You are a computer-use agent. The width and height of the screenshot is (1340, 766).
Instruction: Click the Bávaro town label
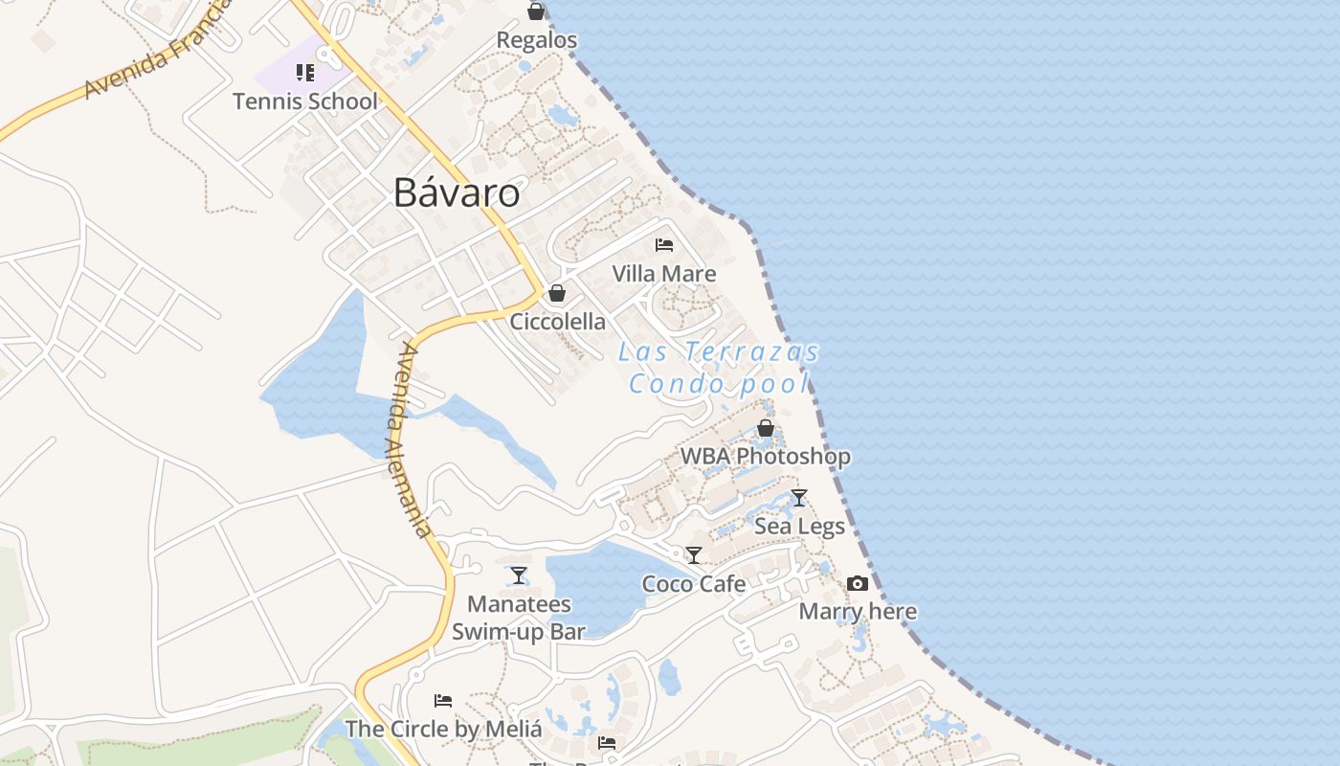(457, 193)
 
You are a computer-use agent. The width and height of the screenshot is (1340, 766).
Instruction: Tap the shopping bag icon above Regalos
(536, 11)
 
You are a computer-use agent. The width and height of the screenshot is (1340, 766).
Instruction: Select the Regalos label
(536, 40)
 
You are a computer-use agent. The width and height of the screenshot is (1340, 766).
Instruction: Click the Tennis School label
(305, 101)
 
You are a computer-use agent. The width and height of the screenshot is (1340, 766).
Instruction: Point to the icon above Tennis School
(305, 73)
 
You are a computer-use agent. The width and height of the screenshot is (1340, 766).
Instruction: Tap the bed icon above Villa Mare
(664, 245)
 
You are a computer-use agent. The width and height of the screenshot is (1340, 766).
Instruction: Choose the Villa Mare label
(664, 274)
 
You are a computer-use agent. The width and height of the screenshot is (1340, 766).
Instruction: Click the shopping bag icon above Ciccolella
(557, 293)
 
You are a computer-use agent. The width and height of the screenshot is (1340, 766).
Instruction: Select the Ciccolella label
(557, 322)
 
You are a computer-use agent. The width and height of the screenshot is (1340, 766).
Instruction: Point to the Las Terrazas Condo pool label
(718, 368)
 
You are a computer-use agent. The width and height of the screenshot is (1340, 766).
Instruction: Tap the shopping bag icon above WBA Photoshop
(766, 428)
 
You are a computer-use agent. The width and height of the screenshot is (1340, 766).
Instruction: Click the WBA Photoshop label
(766, 457)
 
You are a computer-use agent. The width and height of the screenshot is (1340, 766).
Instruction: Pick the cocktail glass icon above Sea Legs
(799, 498)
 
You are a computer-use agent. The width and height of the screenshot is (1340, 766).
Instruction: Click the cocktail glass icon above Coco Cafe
(694, 555)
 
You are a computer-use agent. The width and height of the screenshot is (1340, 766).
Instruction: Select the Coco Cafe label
(694, 583)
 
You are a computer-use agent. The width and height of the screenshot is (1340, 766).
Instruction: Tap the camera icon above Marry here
(858, 583)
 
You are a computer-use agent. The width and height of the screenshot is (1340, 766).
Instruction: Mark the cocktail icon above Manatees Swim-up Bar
(519, 575)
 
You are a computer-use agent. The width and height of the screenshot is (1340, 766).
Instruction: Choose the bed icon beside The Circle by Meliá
(442, 701)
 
